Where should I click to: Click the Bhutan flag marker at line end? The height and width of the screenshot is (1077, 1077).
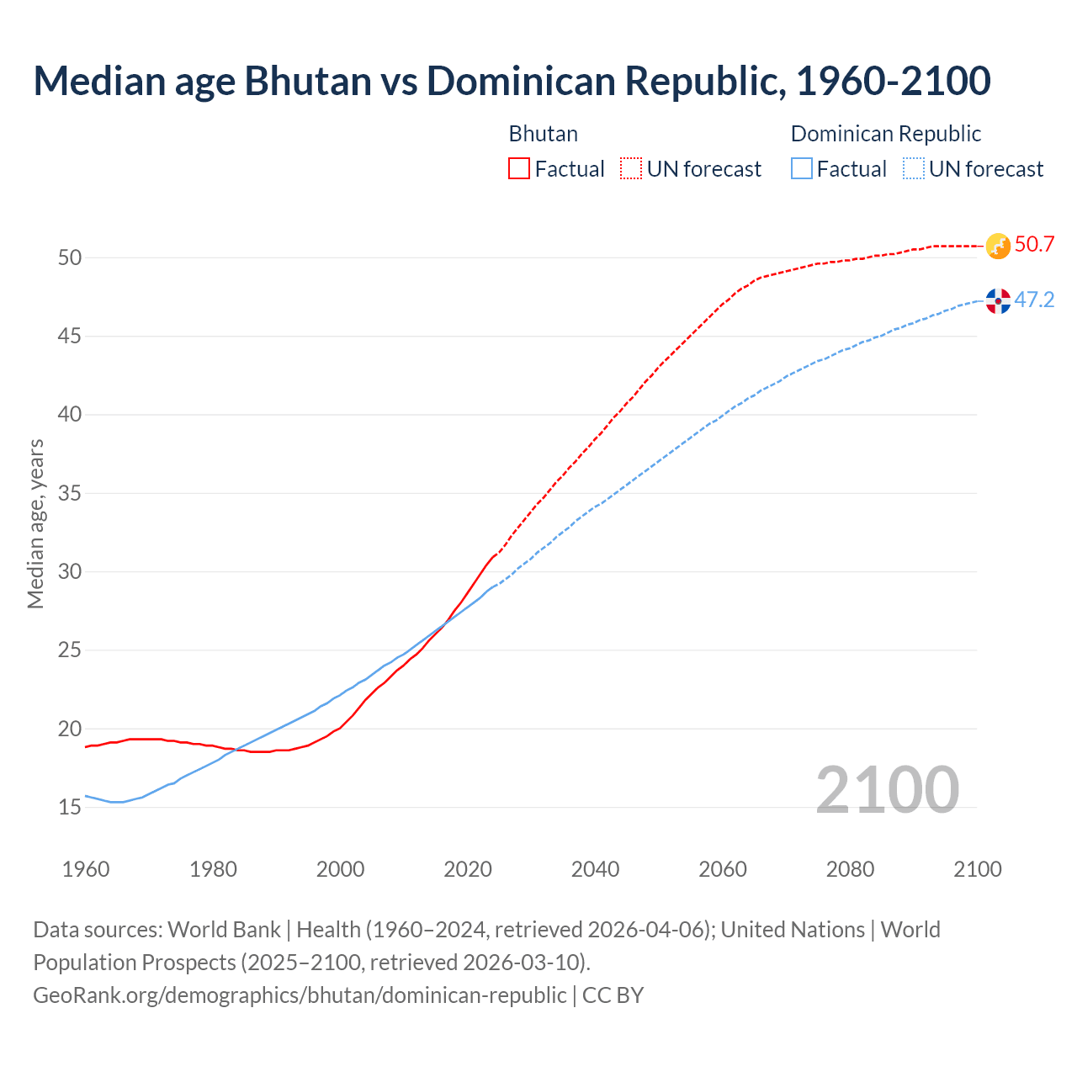(997, 246)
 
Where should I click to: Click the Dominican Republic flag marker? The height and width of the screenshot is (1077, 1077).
(998, 300)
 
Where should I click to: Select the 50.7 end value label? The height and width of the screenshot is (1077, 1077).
(1034, 245)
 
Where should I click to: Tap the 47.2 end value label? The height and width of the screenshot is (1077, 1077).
(1034, 300)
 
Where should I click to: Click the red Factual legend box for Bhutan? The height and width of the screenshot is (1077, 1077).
(519, 169)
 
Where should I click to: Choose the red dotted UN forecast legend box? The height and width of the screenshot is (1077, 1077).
(631, 169)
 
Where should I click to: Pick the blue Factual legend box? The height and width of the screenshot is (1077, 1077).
(802, 169)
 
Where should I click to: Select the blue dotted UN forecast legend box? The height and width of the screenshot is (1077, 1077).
(914, 169)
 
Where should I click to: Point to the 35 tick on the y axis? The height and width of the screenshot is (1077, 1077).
(70, 493)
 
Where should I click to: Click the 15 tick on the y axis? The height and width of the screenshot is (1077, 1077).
(70, 808)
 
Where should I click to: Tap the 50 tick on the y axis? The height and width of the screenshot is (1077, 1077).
(70, 258)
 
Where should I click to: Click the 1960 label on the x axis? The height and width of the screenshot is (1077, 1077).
(86, 869)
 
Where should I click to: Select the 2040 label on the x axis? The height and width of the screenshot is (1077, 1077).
(595, 869)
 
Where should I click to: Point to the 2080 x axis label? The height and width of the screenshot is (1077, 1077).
(850, 869)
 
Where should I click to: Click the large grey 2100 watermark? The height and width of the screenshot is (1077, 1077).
(887, 789)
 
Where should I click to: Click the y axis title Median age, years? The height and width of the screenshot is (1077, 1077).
(35, 523)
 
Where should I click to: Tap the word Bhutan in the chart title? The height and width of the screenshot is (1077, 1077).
(307, 81)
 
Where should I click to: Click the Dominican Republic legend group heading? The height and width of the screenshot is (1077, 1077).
(886, 134)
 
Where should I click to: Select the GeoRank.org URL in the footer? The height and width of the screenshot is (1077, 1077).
(300, 995)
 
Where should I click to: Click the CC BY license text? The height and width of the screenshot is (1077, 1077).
(613, 995)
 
